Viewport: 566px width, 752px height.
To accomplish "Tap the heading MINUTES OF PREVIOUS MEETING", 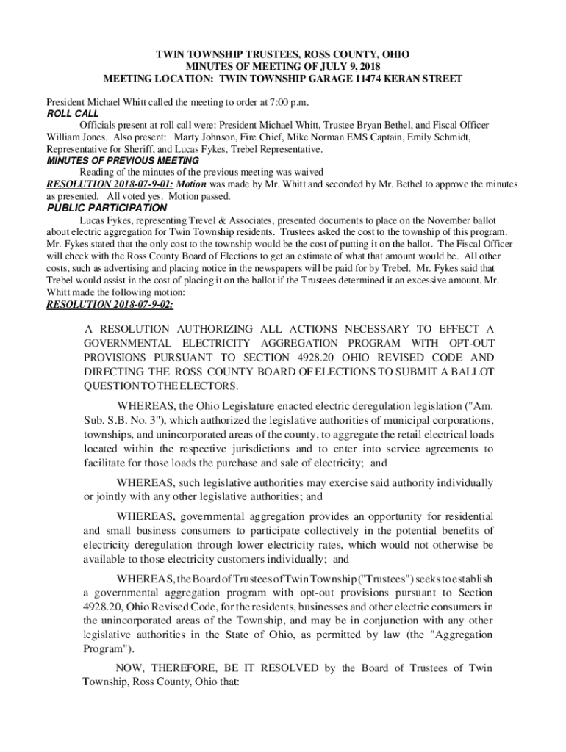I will (123, 160).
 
